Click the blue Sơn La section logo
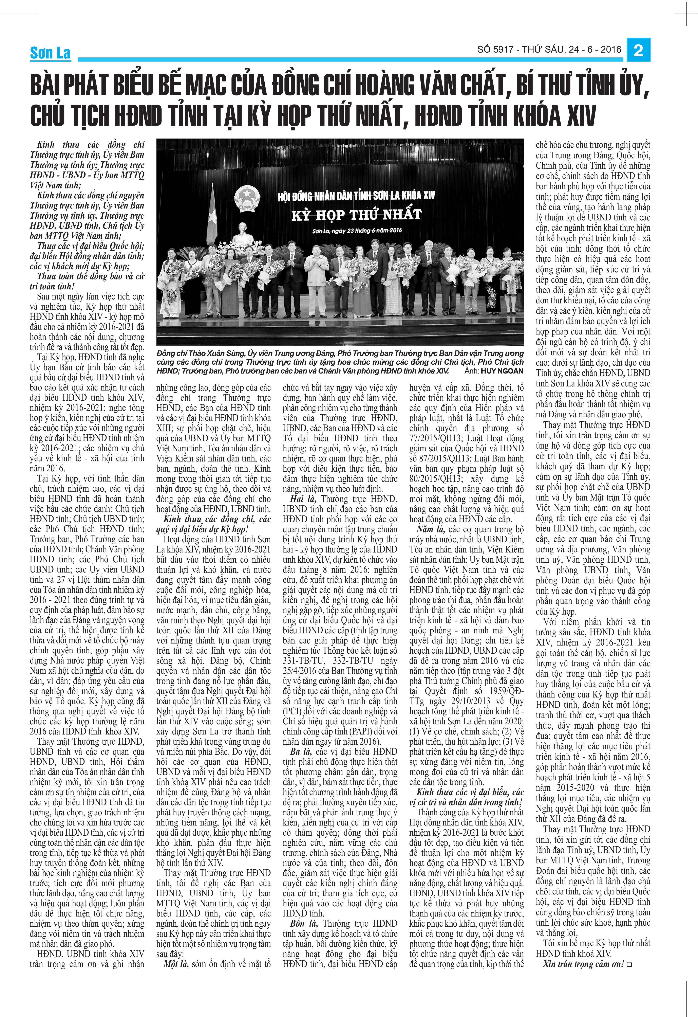[50, 53]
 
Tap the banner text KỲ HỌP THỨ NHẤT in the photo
[356, 215]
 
